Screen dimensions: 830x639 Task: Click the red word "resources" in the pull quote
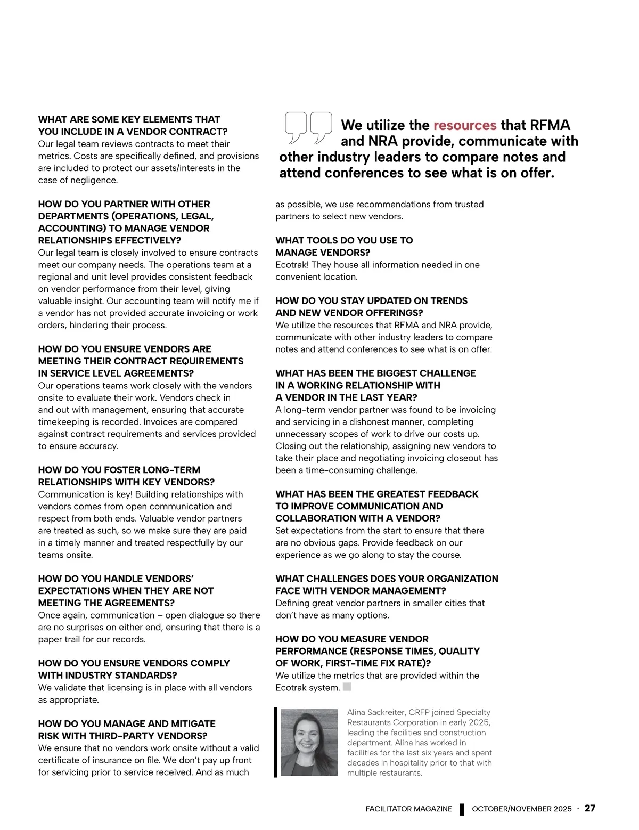pyautogui.click(x=464, y=125)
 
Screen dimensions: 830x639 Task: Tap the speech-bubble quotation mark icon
pyautogui.click(x=308, y=127)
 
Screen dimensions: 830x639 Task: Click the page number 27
pyautogui.click(x=589, y=808)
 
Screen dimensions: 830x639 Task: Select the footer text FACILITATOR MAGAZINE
pyautogui.click(x=408, y=809)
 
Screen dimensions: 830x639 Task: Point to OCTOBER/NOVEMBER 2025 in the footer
pyautogui.click(x=521, y=809)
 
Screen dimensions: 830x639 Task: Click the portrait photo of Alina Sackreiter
pyautogui.click(x=309, y=742)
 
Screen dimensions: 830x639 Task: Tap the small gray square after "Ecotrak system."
pyautogui.click(x=347, y=687)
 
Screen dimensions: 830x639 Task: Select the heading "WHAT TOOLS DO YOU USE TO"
pyautogui.click(x=344, y=240)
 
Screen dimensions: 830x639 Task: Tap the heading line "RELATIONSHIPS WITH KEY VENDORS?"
pyautogui.click(x=126, y=482)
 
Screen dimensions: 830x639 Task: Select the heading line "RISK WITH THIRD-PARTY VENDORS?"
pyautogui.click(x=122, y=736)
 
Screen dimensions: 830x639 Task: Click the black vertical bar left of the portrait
pyautogui.click(x=275, y=742)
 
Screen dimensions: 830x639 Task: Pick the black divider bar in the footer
pyautogui.click(x=462, y=809)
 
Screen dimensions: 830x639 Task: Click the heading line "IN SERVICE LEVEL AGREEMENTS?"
pyautogui.click(x=116, y=373)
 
